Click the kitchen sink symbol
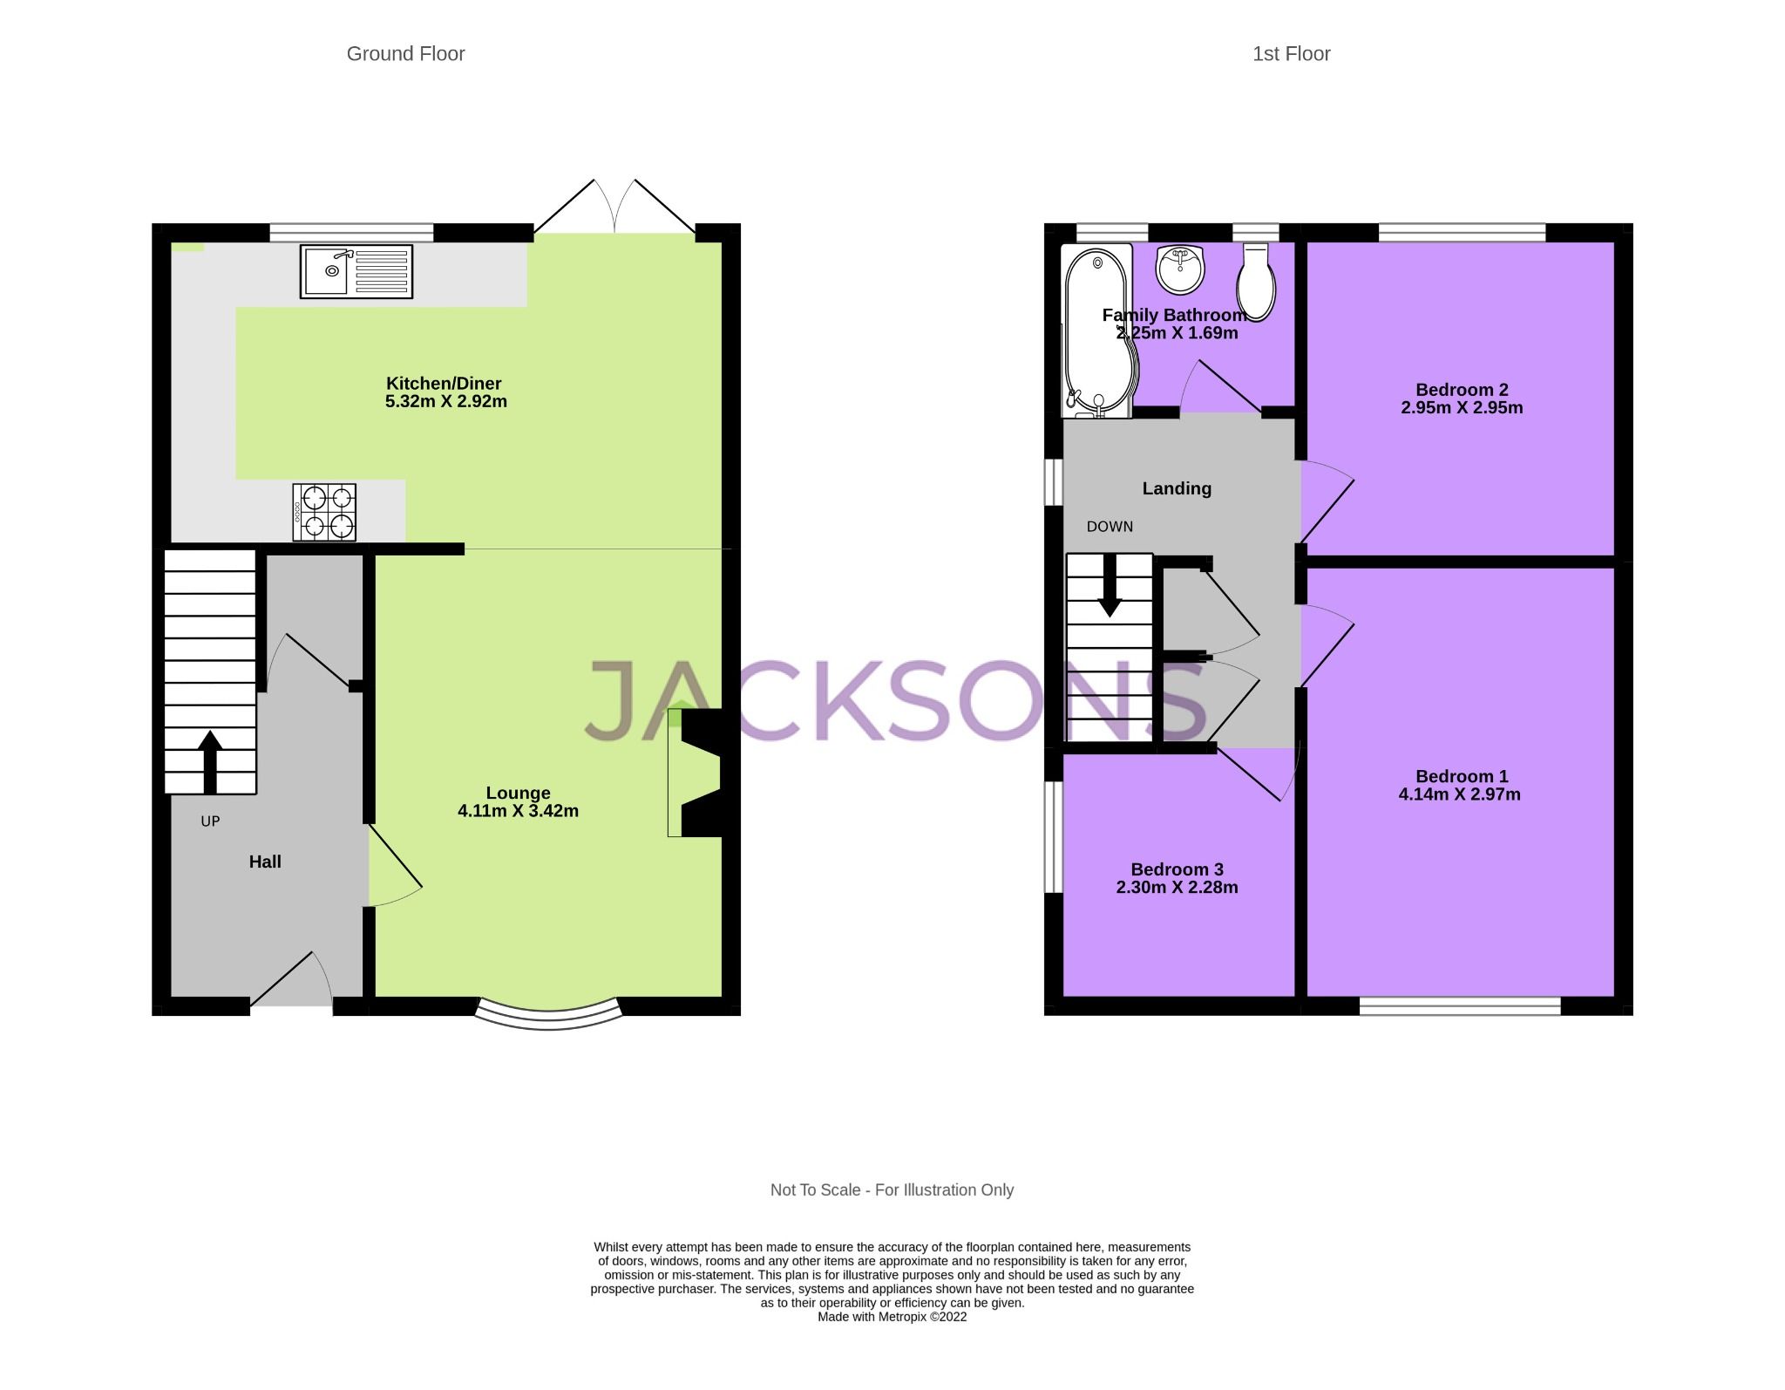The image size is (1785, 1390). coord(356,271)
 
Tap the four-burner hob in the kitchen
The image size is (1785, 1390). coord(323,512)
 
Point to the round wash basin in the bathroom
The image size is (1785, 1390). coord(1181,269)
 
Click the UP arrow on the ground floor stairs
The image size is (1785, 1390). coord(210,760)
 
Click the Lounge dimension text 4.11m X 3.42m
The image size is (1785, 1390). coord(518,811)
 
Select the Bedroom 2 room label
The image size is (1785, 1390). coord(1462,390)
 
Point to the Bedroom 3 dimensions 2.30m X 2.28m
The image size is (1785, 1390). coord(1177,888)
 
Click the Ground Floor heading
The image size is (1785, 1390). coord(405,54)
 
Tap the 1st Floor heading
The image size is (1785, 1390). coord(1291,54)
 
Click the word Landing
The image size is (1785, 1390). coord(1177,488)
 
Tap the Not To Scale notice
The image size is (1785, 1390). coord(892,1189)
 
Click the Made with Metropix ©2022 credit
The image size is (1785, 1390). coord(892,1317)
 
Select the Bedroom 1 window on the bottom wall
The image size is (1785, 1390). coord(1460,1006)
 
